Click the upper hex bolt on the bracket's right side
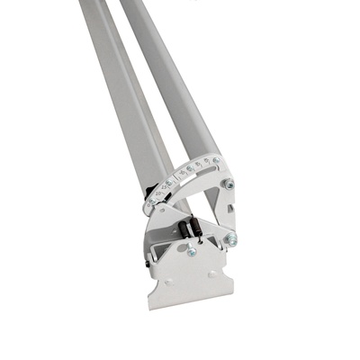(x=229, y=184)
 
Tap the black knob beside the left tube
(x=149, y=190)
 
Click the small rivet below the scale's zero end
(x=160, y=209)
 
